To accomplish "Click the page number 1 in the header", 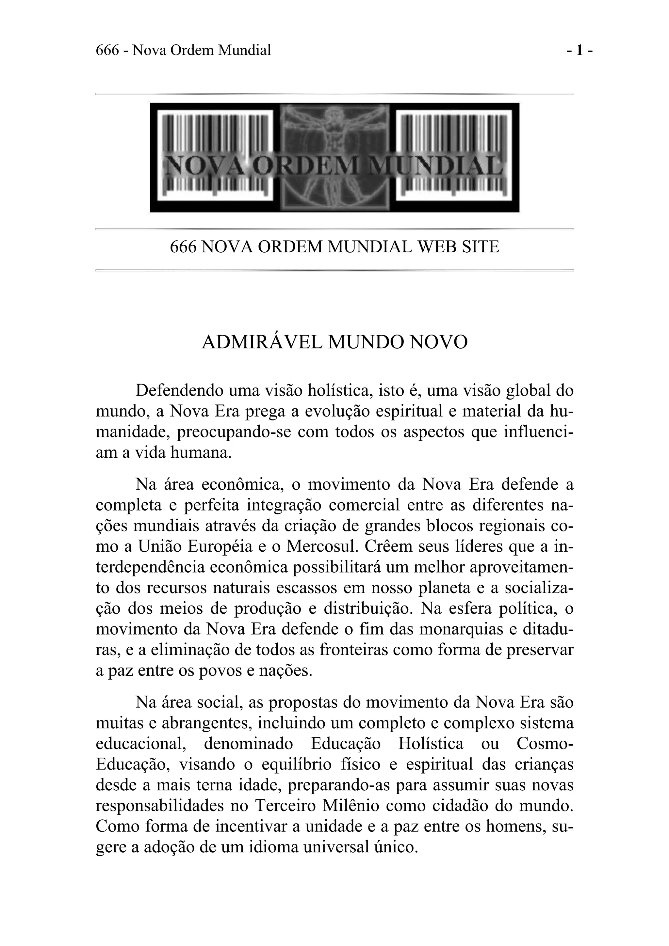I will [x=579, y=50].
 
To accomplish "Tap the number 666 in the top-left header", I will [x=107, y=50].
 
